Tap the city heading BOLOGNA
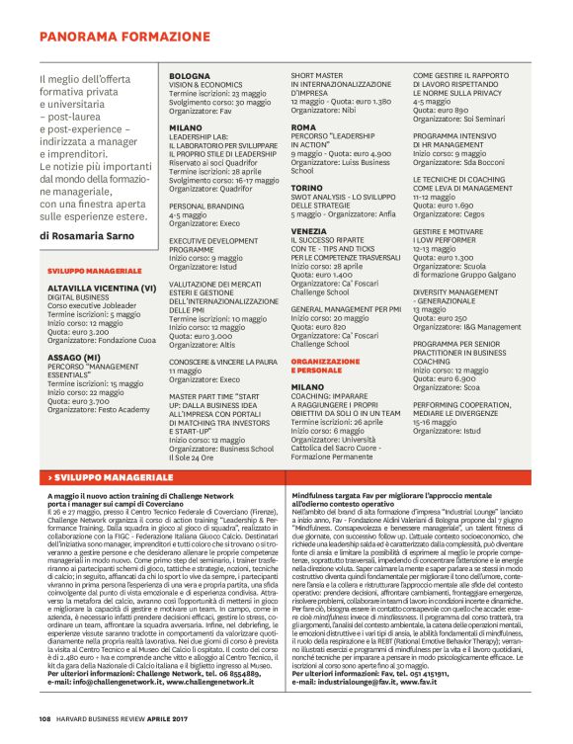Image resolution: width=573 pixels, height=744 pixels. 189,76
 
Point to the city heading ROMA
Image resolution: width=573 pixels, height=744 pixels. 303,127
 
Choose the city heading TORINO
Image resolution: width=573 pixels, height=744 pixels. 306,187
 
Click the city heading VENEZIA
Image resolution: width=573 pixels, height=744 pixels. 308,230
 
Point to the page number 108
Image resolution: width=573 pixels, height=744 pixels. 45,717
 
